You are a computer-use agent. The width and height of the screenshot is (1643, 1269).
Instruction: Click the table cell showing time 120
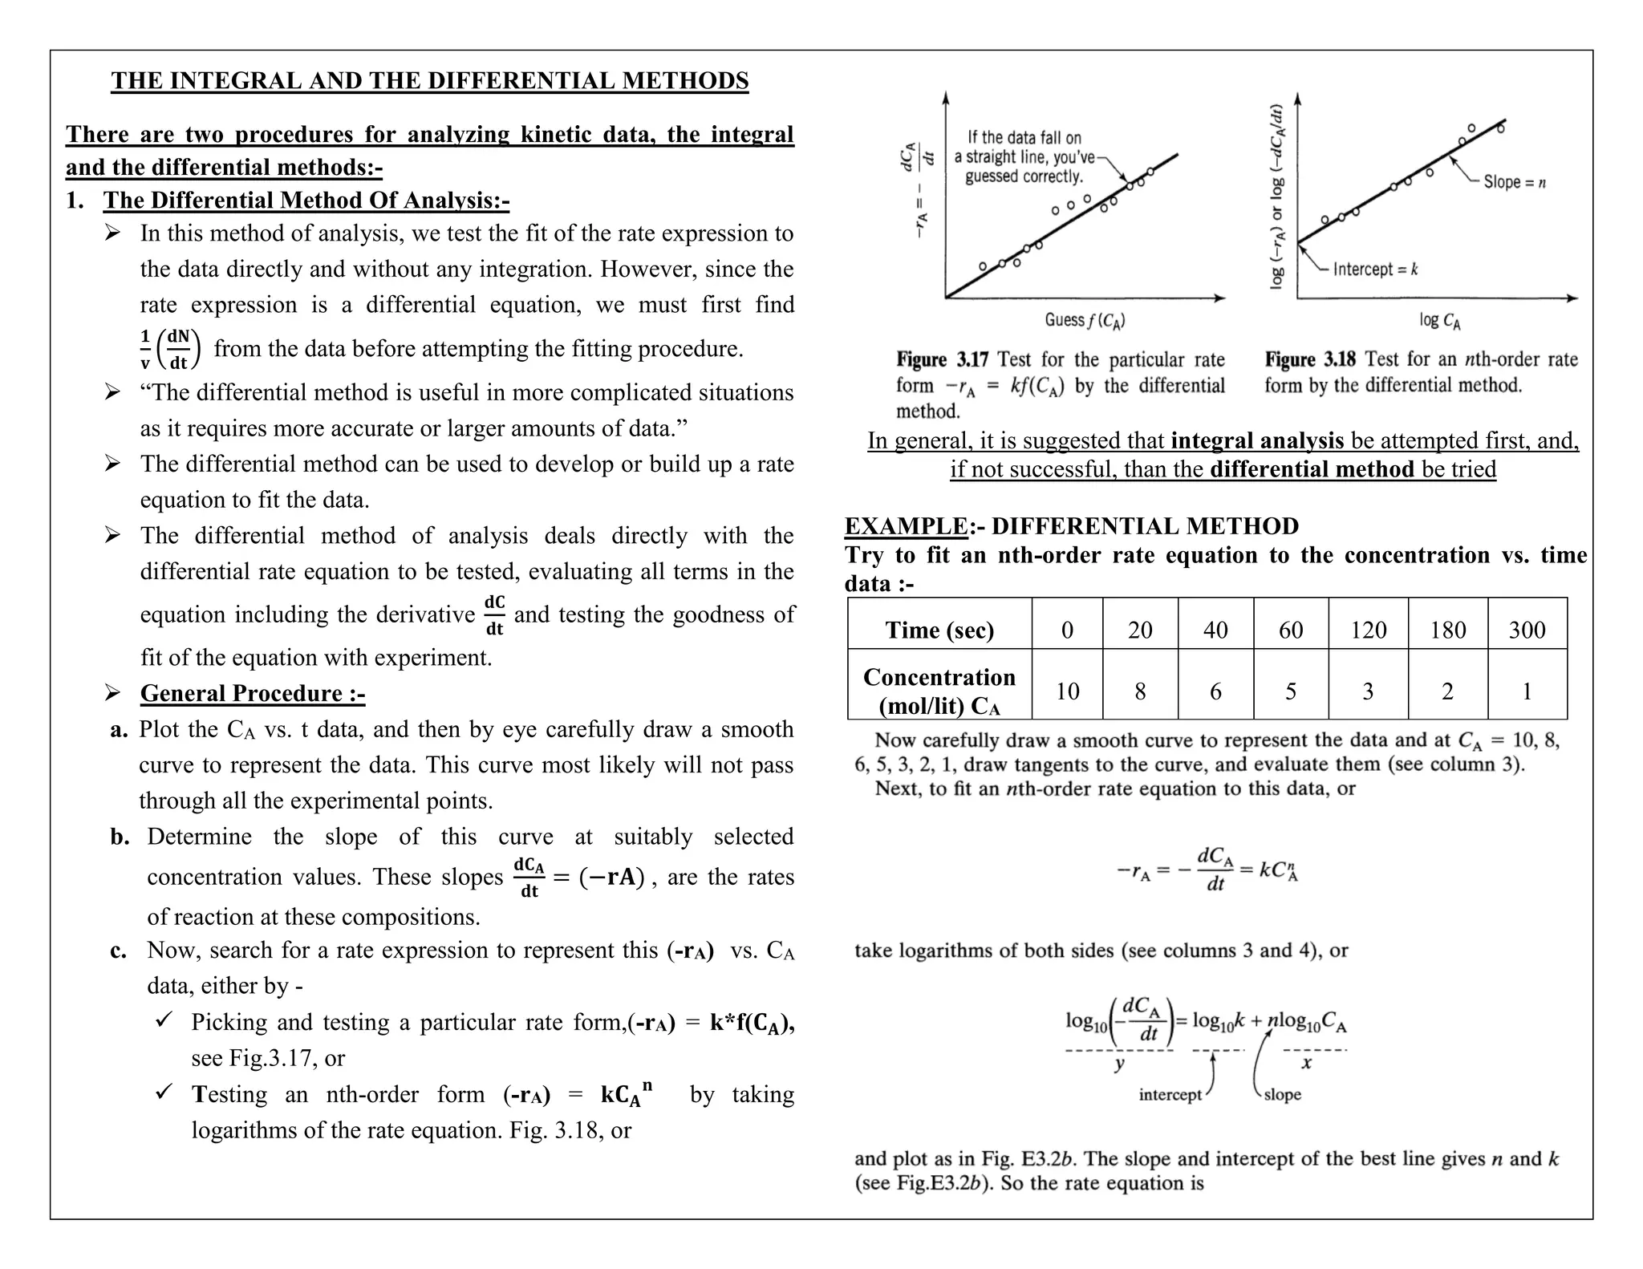click(1368, 630)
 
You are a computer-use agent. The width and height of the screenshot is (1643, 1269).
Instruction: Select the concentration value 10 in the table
click(1067, 691)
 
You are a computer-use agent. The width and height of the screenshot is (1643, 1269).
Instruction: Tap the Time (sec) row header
click(939, 630)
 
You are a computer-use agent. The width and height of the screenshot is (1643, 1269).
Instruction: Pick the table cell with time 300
click(1527, 630)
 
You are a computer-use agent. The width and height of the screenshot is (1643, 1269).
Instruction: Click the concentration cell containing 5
click(1291, 691)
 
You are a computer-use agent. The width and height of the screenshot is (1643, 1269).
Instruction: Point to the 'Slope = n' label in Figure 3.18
click(1514, 182)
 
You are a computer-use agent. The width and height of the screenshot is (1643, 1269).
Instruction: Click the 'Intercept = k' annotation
click(1375, 270)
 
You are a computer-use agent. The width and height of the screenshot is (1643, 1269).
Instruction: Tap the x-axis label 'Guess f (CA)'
click(1085, 321)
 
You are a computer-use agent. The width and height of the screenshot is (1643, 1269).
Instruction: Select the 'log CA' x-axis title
click(1439, 321)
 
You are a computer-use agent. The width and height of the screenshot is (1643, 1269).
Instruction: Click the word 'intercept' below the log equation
click(1170, 1095)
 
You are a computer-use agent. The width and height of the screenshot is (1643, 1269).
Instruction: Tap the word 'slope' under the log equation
click(1282, 1095)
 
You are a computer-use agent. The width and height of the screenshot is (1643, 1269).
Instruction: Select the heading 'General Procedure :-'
click(253, 693)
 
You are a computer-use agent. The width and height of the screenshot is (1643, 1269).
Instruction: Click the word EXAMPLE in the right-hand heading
click(906, 526)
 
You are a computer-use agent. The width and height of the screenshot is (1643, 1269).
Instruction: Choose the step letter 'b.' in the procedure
click(120, 837)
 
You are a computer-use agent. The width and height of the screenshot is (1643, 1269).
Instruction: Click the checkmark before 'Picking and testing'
click(164, 1020)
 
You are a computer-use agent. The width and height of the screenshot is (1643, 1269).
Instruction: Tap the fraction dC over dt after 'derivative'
click(494, 615)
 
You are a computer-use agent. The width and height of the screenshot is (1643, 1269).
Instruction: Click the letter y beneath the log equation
click(1119, 1065)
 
